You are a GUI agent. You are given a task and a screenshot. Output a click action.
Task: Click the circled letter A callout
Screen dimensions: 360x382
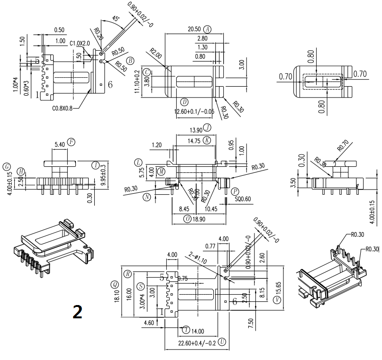(x=207, y=29)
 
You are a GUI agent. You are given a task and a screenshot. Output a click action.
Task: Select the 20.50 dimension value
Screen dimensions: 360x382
(x=194, y=29)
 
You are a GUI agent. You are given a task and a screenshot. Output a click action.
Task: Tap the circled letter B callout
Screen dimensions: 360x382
(x=130, y=60)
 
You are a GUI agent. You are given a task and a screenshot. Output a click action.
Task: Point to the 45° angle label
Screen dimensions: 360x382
(x=115, y=19)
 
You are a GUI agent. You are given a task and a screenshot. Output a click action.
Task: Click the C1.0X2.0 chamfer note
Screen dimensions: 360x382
(x=79, y=44)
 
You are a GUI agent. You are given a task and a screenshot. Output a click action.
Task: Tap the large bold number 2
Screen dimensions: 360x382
(x=77, y=311)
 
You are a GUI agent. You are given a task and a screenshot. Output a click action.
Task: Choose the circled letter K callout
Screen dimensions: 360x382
(x=207, y=141)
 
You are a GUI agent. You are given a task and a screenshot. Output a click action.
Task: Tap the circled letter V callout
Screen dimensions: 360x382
(x=276, y=300)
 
